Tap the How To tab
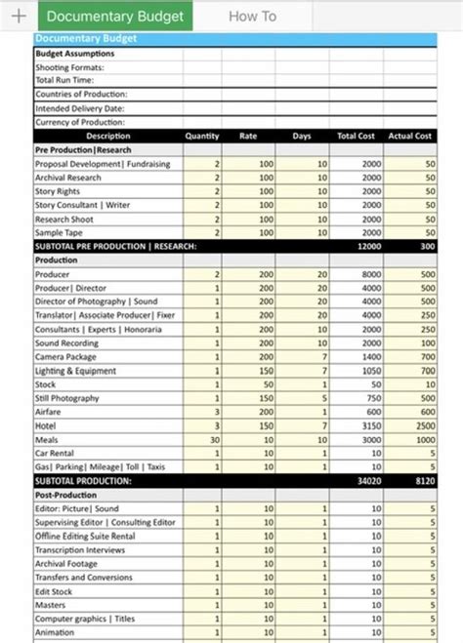pyautogui.click(x=252, y=16)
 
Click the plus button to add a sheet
pyautogui.click(x=18, y=16)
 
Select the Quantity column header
pyautogui.click(x=201, y=136)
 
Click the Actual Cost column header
pyautogui.click(x=409, y=136)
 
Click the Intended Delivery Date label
pyautogui.click(x=79, y=108)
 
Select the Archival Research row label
pyautogui.click(x=68, y=178)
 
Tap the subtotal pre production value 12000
pyautogui.click(x=368, y=247)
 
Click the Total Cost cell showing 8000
pyautogui.click(x=370, y=275)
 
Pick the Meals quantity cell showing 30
pyautogui.click(x=214, y=439)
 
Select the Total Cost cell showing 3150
pyautogui.click(x=370, y=425)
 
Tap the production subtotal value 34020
pyautogui.click(x=368, y=481)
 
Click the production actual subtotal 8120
pyautogui.click(x=423, y=481)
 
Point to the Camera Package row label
pyautogui.click(x=68, y=357)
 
